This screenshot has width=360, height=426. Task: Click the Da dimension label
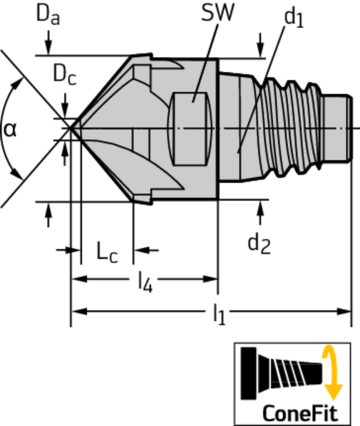pos(48,16)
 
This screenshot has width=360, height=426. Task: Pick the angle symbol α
pos(11,129)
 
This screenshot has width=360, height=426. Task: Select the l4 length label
pos(146,284)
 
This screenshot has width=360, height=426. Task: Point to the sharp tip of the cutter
pos(70,127)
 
